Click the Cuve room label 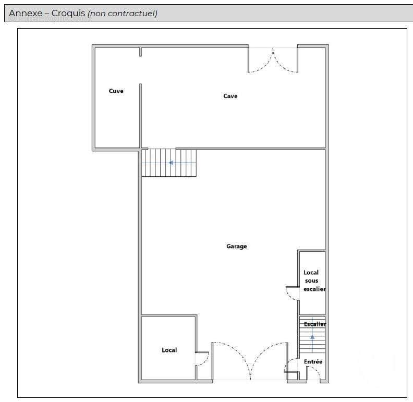116,91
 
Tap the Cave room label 230,96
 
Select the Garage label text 237,246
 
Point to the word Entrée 313,362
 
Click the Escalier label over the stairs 315,324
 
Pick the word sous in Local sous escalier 311,281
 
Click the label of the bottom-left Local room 169,350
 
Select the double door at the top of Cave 273,60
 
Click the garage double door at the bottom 250,361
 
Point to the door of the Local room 202,359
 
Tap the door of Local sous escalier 293,293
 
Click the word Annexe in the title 26,13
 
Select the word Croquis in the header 68,14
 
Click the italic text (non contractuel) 123,14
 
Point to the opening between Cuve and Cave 140,70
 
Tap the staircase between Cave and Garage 169,163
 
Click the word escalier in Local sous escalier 314,289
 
